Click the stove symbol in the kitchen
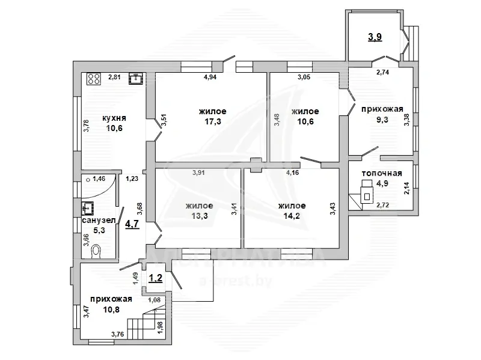[x=94, y=79]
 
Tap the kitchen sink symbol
[x=136, y=79]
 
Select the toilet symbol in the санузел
[x=96, y=251]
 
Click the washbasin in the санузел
[x=87, y=208]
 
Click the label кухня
[x=114, y=118]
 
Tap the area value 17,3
[x=213, y=121]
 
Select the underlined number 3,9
[x=375, y=37]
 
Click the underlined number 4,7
[x=132, y=224]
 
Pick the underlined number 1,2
[x=156, y=278]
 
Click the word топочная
[x=382, y=173]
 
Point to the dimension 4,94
[x=210, y=77]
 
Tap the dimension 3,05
[x=304, y=77]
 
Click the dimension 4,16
[x=292, y=172]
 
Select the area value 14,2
[x=292, y=216]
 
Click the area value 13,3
[x=200, y=216]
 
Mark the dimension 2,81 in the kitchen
[x=114, y=77]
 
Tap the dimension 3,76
[x=118, y=334]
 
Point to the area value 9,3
[x=382, y=120]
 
